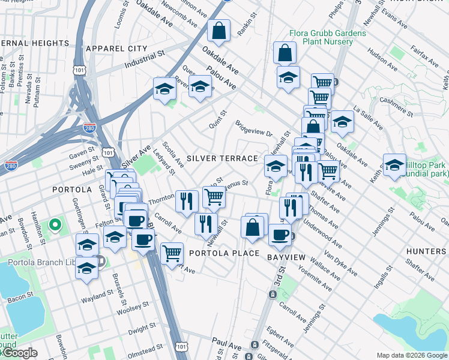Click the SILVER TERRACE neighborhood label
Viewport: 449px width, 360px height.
tap(221, 158)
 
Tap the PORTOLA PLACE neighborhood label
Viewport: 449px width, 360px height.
tap(224, 253)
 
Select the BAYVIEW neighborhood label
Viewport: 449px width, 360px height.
tap(286, 257)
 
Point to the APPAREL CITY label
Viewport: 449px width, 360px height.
tap(116, 48)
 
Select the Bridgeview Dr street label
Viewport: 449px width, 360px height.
tap(254, 130)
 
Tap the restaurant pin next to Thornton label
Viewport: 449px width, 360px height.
tap(187, 200)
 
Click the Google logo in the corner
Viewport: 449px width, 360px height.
tap(19, 353)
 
